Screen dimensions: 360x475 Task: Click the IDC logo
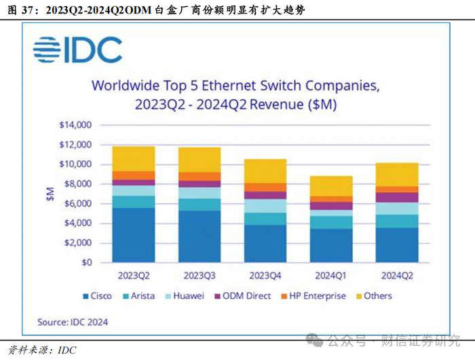click(77, 50)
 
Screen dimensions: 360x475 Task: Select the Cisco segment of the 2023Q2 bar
click(134, 234)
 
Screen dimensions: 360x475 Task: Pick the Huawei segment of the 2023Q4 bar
click(265, 206)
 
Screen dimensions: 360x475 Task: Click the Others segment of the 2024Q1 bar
click(331, 186)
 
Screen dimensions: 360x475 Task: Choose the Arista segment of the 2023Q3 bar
click(199, 204)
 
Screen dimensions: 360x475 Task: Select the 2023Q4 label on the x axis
click(265, 276)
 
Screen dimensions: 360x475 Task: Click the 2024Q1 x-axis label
click(331, 276)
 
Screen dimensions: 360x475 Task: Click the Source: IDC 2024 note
click(73, 321)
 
